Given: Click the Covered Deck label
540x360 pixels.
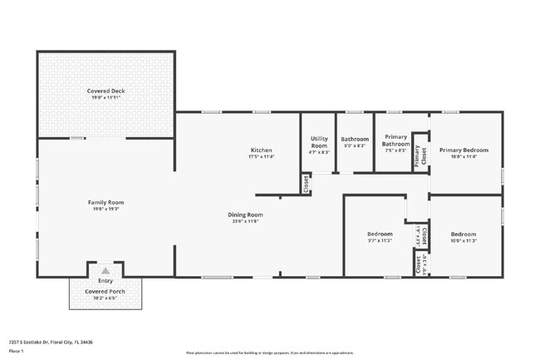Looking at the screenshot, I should tap(106, 91).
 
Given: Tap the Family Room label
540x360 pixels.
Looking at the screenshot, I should tap(106, 202).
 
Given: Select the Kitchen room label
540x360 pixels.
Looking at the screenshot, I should tap(261, 150).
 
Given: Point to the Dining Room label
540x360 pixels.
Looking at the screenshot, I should tap(245, 215).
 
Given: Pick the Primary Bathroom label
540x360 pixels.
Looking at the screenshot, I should tap(395, 141).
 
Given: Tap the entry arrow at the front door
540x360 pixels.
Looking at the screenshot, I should tap(106, 270).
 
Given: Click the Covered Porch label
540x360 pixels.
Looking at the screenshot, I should tap(106, 292).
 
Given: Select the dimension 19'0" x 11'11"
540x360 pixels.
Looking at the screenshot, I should tap(106, 97).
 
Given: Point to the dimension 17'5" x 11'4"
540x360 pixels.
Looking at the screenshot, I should tap(261, 156).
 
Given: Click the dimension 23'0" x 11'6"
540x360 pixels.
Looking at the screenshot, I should tap(245, 221).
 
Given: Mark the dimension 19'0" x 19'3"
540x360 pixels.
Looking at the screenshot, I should tap(106, 209).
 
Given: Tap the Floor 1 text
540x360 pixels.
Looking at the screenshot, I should tap(17, 351).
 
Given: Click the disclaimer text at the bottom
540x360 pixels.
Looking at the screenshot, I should tap(269, 353).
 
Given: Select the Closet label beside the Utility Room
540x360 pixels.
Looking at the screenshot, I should tap(306, 183).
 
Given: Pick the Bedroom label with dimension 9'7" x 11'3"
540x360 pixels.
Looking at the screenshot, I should tap(380, 234).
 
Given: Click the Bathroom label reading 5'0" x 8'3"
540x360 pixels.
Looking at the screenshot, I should tap(355, 139).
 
